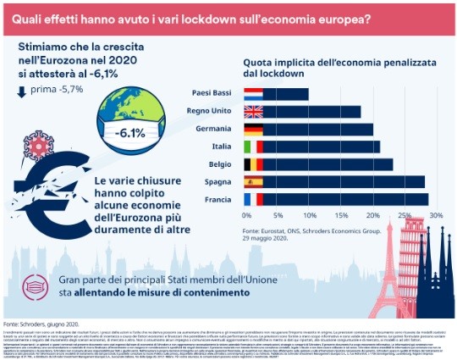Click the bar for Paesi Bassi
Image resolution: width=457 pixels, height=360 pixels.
coord(276,93)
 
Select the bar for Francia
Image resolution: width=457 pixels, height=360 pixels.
coord(335,199)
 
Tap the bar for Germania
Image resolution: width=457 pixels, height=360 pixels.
coord(308,129)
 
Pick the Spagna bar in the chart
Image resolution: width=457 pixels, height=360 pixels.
coord(333,181)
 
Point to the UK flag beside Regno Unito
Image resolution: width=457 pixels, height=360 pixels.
coord(253,111)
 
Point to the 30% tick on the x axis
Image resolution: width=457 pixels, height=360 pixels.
coord(436,216)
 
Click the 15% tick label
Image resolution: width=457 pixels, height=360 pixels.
coord(340,216)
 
